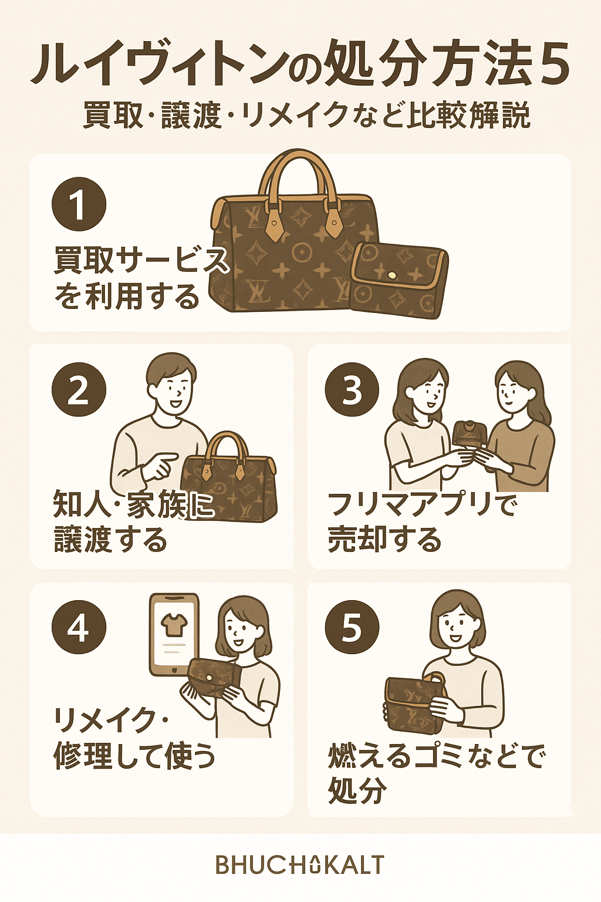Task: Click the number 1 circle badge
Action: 79,204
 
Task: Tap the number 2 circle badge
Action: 79,389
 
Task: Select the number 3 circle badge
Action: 352,389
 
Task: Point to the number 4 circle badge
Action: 79,627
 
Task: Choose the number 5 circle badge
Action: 352,627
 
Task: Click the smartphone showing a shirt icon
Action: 174,635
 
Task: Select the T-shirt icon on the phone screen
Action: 174,624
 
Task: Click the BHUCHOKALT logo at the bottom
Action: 300,864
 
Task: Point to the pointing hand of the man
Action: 159,466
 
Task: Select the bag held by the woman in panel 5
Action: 414,699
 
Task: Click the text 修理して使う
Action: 134,755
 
